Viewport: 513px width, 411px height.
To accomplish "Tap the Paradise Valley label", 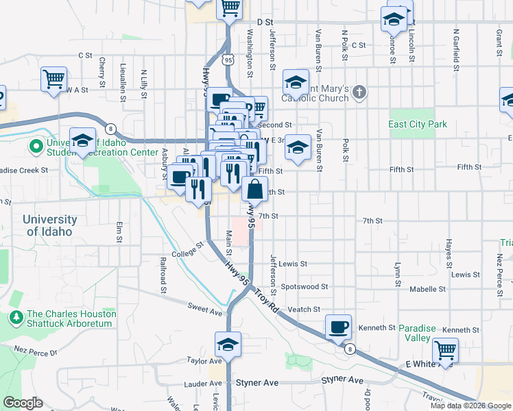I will pyautogui.click(x=417, y=333).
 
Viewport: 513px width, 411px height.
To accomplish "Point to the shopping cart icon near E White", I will pyautogui.click(x=446, y=350).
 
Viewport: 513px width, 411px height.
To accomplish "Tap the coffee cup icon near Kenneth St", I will pyautogui.click(x=337, y=327).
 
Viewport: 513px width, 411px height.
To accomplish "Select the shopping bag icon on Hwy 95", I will pyautogui.click(x=254, y=188).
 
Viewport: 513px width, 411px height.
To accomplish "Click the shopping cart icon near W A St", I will pyautogui.click(x=53, y=78).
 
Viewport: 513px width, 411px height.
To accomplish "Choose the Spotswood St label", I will pyautogui.click(x=305, y=287).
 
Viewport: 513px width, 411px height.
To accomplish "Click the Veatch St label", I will pyautogui.click(x=304, y=310).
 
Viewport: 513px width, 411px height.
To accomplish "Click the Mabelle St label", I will pyautogui.click(x=428, y=289).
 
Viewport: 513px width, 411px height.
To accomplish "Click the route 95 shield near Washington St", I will pyautogui.click(x=228, y=60).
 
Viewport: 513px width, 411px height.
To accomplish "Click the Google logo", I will pyautogui.click(x=23, y=403).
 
